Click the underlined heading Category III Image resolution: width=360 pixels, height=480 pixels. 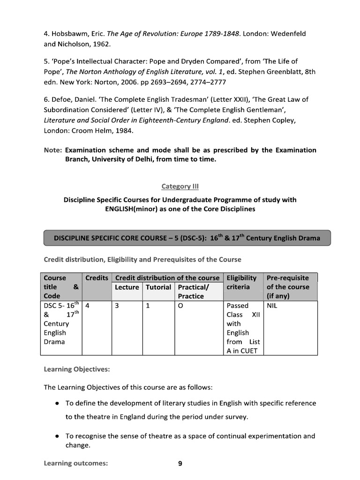(180, 187)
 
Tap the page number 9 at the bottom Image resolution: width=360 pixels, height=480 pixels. (180, 464)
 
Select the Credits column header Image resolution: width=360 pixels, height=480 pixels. (97, 278)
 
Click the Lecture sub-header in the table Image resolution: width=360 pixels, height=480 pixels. (127, 287)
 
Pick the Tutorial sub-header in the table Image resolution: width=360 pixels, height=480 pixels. (158, 287)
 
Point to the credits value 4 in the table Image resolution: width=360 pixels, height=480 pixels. (88, 305)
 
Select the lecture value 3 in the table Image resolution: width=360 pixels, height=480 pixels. (117, 305)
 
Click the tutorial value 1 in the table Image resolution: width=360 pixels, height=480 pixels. (148, 305)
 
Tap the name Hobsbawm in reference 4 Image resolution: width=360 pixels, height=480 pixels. (69, 34)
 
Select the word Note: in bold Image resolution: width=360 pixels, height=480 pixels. (53, 150)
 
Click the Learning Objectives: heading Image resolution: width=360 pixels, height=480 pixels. (76, 369)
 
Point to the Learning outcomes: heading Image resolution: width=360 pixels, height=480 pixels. (75, 464)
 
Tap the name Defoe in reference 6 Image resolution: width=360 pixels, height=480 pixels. (62, 99)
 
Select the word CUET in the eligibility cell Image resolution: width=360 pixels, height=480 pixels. (248, 351)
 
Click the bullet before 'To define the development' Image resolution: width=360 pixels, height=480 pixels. (57, 403)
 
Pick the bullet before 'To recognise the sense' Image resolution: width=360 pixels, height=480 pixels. (57, 436)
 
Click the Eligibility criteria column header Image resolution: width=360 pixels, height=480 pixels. (241, 282)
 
